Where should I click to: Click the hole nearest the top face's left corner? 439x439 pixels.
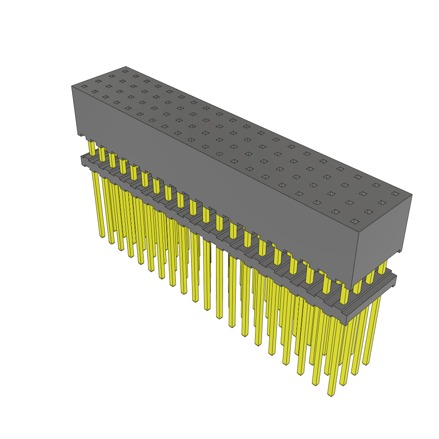coord(84,87)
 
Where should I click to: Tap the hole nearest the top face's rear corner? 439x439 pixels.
coord(125,71)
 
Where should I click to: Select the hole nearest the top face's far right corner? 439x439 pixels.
coord(395,194)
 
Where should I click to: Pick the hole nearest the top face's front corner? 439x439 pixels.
coord(355,221)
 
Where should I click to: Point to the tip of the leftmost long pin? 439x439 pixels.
coord(102,236)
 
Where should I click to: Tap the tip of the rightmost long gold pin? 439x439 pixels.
coord(365,364)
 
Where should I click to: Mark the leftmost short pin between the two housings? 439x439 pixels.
coord(92,148)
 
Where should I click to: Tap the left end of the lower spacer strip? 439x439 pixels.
coord(83,160)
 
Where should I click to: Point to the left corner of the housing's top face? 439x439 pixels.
coord(72,86)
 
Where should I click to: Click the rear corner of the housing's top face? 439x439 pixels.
coord(126,66)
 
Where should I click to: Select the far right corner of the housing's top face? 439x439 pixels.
coord(412,195)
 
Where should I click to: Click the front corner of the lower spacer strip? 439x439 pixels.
coord(345,324)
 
